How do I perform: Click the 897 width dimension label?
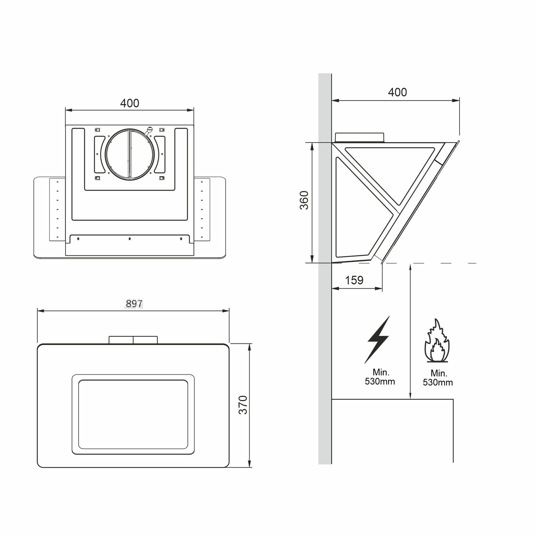pos(134,304)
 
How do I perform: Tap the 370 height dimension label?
pos(243,405)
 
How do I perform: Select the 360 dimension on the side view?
pos(304,200)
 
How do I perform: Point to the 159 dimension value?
pos(354,280)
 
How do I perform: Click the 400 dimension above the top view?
pos(130,103)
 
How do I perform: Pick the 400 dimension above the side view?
pos(398,92)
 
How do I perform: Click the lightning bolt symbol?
pos(378,340)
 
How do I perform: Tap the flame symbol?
pos(437,340)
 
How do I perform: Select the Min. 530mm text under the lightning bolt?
pos(380,377)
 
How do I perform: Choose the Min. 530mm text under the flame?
pos(438,378)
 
